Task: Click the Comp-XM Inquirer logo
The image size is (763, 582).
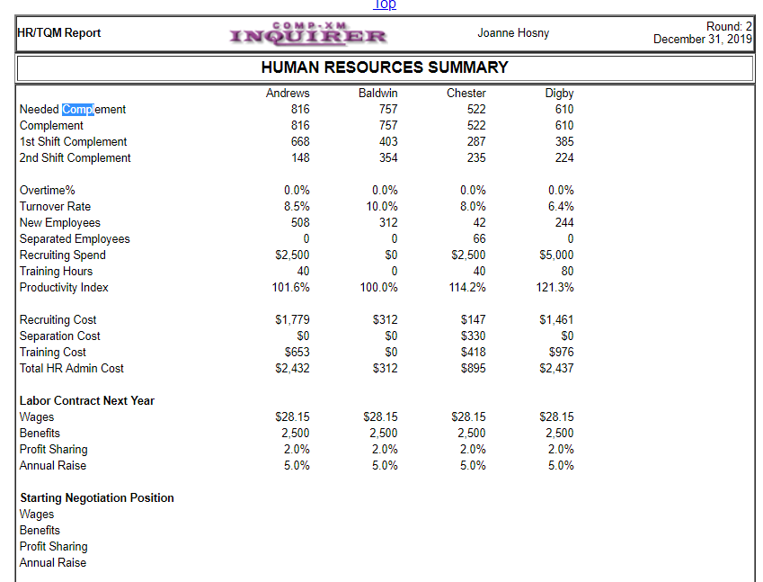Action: (308, 34)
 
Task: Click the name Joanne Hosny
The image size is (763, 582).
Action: (513, 33)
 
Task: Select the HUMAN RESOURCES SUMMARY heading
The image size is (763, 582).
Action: (384, 67)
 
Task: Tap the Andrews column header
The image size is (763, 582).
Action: (288, 94)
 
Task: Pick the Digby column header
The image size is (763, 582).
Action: (559, 94)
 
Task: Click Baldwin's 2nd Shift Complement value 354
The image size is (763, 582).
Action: (388, 158)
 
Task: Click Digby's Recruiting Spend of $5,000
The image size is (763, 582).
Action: (556, 255)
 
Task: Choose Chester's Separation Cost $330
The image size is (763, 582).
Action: (473, 336)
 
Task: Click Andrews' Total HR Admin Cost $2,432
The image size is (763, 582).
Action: (292, 369)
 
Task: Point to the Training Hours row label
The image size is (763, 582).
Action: (56, 272)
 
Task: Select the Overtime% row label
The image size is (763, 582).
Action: (48, 191)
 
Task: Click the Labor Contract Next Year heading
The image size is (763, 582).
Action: (87, 401)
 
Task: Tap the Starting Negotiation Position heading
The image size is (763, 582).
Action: (97, 498)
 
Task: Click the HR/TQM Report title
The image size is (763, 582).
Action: (59, 33)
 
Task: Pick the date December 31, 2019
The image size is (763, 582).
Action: (702, 40)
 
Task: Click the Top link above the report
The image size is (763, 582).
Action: (385, 4)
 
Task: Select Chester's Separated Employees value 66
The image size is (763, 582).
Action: (478, 239)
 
